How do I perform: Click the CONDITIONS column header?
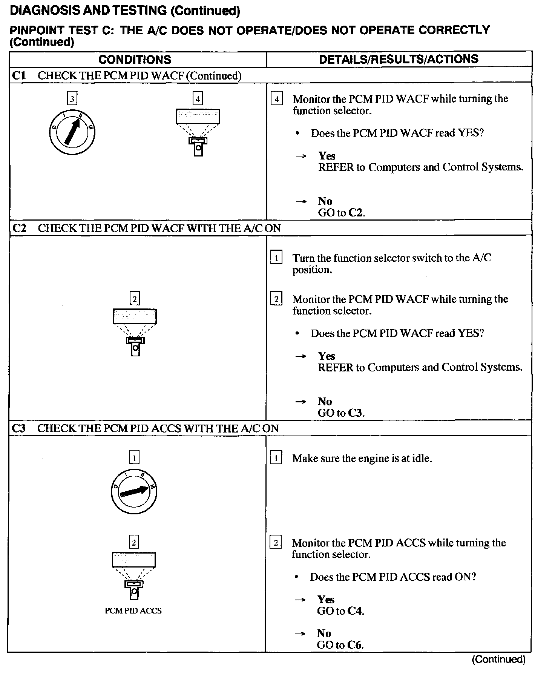coord(135,59)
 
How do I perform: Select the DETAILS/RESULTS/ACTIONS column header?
coord(399,59)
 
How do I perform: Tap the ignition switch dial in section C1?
coord(72,132)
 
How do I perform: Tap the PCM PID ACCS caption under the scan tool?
coord(133,611)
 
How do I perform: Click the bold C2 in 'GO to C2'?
coord(355,213)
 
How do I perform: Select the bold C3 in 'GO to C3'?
coord(355,413)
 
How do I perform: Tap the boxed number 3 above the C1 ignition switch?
coord(72,99)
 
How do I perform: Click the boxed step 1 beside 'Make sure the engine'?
coord(276,458)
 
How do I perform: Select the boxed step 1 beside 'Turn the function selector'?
coord(276,258)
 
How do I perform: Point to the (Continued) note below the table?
coord(498,659)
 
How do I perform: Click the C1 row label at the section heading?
coord(19,75)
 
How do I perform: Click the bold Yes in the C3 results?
coord(326,599)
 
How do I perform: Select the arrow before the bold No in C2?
coord(300,402)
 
